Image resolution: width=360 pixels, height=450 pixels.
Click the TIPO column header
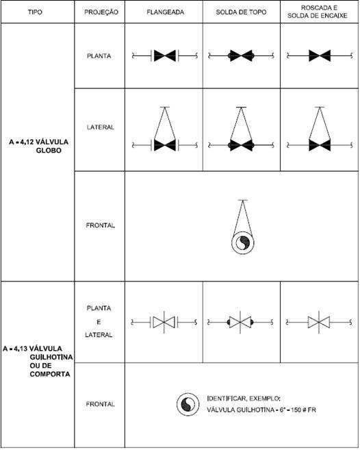35,12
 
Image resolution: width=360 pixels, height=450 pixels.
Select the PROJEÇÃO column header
101,12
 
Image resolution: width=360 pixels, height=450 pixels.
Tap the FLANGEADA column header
165,12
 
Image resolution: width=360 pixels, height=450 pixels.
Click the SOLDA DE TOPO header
241,12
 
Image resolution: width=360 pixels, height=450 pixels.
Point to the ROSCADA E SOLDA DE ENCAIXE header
318,12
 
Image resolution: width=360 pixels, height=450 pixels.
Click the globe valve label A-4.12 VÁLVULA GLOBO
39,146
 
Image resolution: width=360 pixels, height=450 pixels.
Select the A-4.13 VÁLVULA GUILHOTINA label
38,362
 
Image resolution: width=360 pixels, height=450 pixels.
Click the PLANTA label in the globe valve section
99,56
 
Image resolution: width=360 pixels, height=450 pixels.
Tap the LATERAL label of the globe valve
101,127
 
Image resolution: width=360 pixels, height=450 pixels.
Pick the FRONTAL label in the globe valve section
101,225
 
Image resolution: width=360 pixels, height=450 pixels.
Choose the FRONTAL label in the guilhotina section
101,404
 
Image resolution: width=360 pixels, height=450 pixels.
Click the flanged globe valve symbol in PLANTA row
165,55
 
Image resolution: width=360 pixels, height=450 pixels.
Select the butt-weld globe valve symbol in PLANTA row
241,55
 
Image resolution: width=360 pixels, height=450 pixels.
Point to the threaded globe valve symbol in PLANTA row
320,55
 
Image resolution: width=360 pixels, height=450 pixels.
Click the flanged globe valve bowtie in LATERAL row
165,145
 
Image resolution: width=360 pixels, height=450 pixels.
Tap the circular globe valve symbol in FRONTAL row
243,242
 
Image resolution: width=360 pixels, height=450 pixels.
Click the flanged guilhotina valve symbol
164,322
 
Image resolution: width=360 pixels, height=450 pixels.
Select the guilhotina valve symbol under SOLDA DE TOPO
240,322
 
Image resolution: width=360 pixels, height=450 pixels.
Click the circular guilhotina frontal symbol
188,404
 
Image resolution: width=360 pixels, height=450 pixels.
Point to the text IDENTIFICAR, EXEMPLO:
243,399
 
